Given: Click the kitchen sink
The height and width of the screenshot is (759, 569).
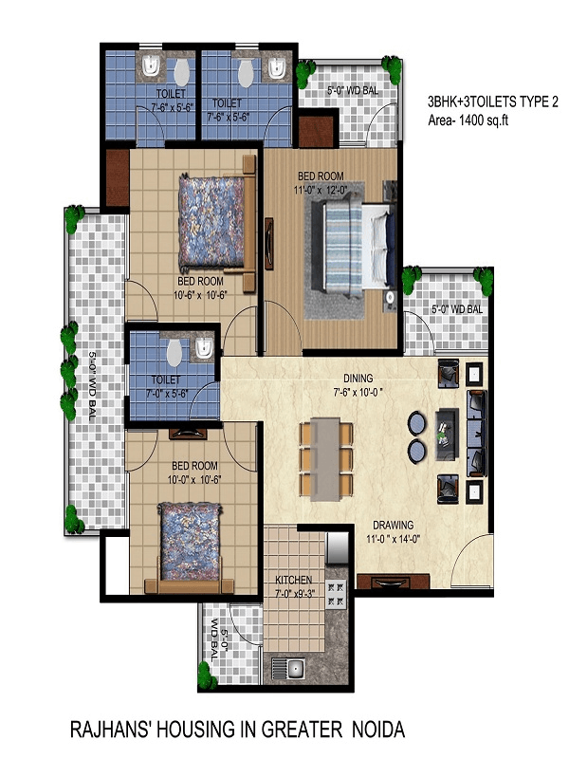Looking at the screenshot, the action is coord(287,669).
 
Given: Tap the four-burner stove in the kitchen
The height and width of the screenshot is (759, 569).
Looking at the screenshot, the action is coord(336,595).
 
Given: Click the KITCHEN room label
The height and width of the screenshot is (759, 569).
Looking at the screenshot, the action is coord(294,580).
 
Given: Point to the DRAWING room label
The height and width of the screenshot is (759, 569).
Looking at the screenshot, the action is coord(394,525).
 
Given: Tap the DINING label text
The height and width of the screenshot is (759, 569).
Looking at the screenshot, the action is coord(358,378).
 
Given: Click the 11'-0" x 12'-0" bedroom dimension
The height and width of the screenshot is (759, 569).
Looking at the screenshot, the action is coord(321,191).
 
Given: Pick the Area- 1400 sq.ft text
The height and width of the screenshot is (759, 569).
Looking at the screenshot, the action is coord(468,120).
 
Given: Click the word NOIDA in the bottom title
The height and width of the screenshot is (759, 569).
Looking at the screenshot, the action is coord(378,730).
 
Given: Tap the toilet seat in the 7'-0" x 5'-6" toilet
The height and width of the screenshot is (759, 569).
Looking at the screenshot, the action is coord(174,353).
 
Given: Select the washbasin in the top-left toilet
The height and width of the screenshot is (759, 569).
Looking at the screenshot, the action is coord(152,65).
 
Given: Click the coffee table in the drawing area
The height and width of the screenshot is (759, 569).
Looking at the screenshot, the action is coord(448,434).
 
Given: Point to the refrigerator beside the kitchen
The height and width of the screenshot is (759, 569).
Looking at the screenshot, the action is coord(338,547).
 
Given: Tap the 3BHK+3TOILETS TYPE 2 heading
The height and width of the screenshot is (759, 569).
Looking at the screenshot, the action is coord(493,102).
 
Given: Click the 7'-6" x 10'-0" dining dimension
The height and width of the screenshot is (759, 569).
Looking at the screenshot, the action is coord(358,392).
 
